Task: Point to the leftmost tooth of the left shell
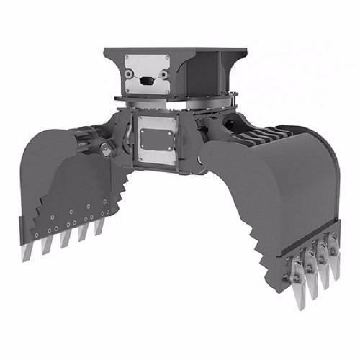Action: tap(27, 248)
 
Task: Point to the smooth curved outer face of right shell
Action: tap(295, 187)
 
